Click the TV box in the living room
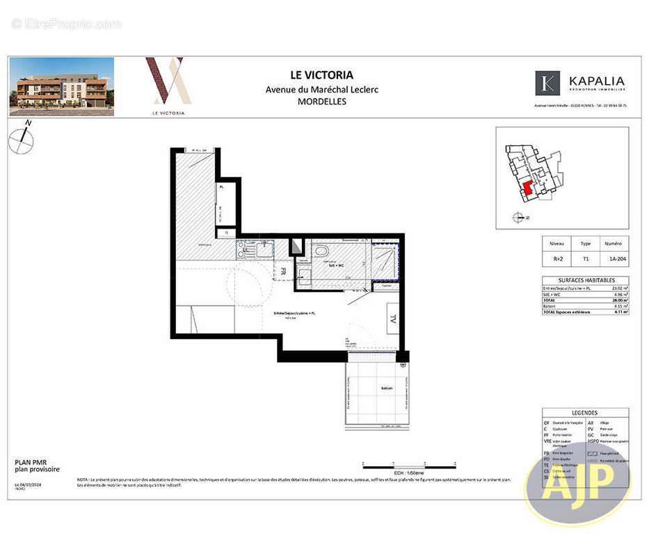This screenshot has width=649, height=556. pyautogui.click(x=392, y=320)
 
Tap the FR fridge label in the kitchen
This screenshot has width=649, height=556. pyautogui.click(x=283, y=272)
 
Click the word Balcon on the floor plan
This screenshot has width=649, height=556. pyautogui.click(x=386, y=388)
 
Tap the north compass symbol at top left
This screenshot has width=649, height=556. pyautogui.click(x=22, y=140)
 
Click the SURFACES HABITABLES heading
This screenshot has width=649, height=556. pyautogui.click(x=585, y=279)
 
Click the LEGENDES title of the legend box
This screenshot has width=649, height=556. pyautogui.click(x=585, y=412)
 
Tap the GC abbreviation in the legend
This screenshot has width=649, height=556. pyautogui.click(x=591, y=434)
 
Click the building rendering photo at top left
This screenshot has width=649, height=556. pyautogui.click(x=62, y=86)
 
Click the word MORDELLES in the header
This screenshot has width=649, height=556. pyautogui.click(x=321, y=101)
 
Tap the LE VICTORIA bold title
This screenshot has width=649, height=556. pyautogui.click(x=321, y=75)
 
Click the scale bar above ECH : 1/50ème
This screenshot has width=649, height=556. pyautogui.click(x=409, y=463)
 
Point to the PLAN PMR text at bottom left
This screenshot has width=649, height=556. pyautogui.click(x=29, y=461)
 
